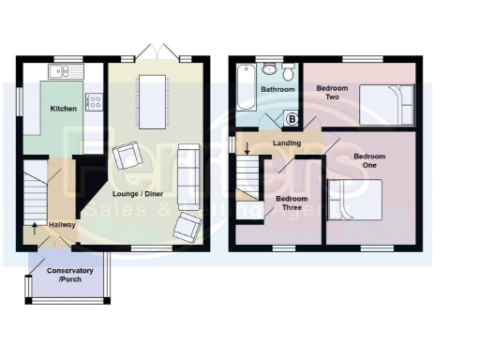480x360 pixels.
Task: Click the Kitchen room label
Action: coord(64,109)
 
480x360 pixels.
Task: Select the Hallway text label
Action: coord(62,225)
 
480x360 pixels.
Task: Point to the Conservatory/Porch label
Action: coord(69,276)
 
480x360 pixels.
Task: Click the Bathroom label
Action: coord(277,90)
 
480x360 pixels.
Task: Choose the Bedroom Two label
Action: coord(332,92)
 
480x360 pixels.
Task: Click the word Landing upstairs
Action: coord(287,143)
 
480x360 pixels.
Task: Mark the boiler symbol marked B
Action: coord(291,119)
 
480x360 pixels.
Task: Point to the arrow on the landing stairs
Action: coord(247,150)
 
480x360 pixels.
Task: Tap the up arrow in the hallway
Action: coord(36,225)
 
